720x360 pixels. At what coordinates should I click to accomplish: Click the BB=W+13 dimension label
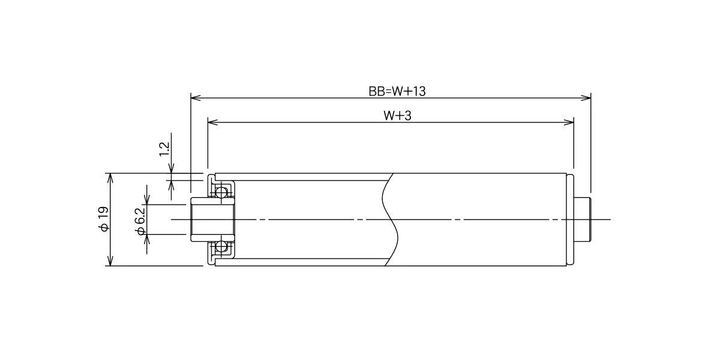397,91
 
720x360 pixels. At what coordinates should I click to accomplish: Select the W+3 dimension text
397,116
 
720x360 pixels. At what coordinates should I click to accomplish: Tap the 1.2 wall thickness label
164,149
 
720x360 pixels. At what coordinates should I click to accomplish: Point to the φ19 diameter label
104,219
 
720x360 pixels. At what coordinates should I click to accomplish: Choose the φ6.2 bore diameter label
140,221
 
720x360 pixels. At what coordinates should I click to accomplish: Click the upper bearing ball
221,193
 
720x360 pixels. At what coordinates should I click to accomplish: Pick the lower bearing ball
221,247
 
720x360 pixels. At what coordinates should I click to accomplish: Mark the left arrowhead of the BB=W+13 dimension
196,98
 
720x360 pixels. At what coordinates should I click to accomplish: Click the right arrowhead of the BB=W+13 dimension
586,98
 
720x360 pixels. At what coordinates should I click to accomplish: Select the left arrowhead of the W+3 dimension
213,122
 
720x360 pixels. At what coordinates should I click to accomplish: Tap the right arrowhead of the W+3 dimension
569,122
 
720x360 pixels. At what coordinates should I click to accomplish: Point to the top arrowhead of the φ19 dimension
110,178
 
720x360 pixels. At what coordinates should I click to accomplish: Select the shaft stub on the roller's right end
583,220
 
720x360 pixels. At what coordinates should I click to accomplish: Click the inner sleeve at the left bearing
213,220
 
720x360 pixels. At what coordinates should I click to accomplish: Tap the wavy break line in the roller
390,220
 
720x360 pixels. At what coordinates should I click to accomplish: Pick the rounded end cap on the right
570,220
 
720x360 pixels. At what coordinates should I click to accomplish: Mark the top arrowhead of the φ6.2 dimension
147,200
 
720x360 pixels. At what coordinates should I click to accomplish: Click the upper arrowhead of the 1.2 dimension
172,169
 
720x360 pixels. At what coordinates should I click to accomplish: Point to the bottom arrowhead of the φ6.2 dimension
147,239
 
